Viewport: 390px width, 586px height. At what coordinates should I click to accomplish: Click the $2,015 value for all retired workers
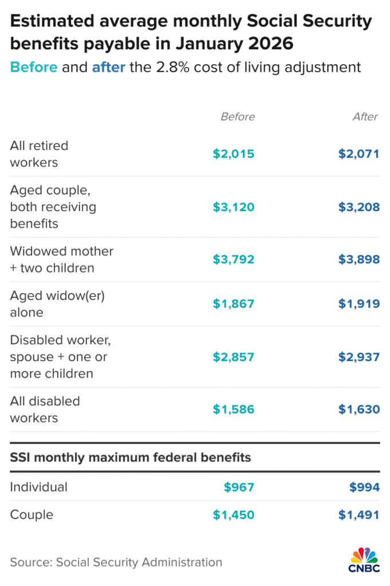233,154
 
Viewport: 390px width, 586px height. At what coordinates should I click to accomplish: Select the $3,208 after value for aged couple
358,207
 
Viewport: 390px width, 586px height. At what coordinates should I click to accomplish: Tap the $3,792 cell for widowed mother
233,260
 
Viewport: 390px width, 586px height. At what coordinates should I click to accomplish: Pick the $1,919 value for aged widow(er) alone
358,304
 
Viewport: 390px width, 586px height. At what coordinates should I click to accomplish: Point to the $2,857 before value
233,357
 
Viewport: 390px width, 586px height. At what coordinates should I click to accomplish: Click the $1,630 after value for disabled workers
358,410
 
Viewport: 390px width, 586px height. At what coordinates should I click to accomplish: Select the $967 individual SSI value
239,487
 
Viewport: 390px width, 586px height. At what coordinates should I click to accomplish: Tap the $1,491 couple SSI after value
358,515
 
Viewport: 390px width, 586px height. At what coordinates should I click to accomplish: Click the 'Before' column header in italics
238,117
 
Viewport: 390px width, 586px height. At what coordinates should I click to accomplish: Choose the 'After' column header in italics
365,117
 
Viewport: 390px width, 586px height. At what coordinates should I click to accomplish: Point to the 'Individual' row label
39,487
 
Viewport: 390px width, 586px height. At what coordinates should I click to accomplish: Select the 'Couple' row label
31,515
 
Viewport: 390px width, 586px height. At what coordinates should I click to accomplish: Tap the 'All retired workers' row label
39,154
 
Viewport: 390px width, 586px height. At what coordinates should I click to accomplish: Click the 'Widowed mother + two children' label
62,260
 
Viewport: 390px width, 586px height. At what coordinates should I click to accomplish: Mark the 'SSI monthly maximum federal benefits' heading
131,458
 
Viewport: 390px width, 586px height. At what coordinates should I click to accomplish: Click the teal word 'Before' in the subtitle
34,67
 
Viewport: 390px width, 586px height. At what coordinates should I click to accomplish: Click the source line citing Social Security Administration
116,563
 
